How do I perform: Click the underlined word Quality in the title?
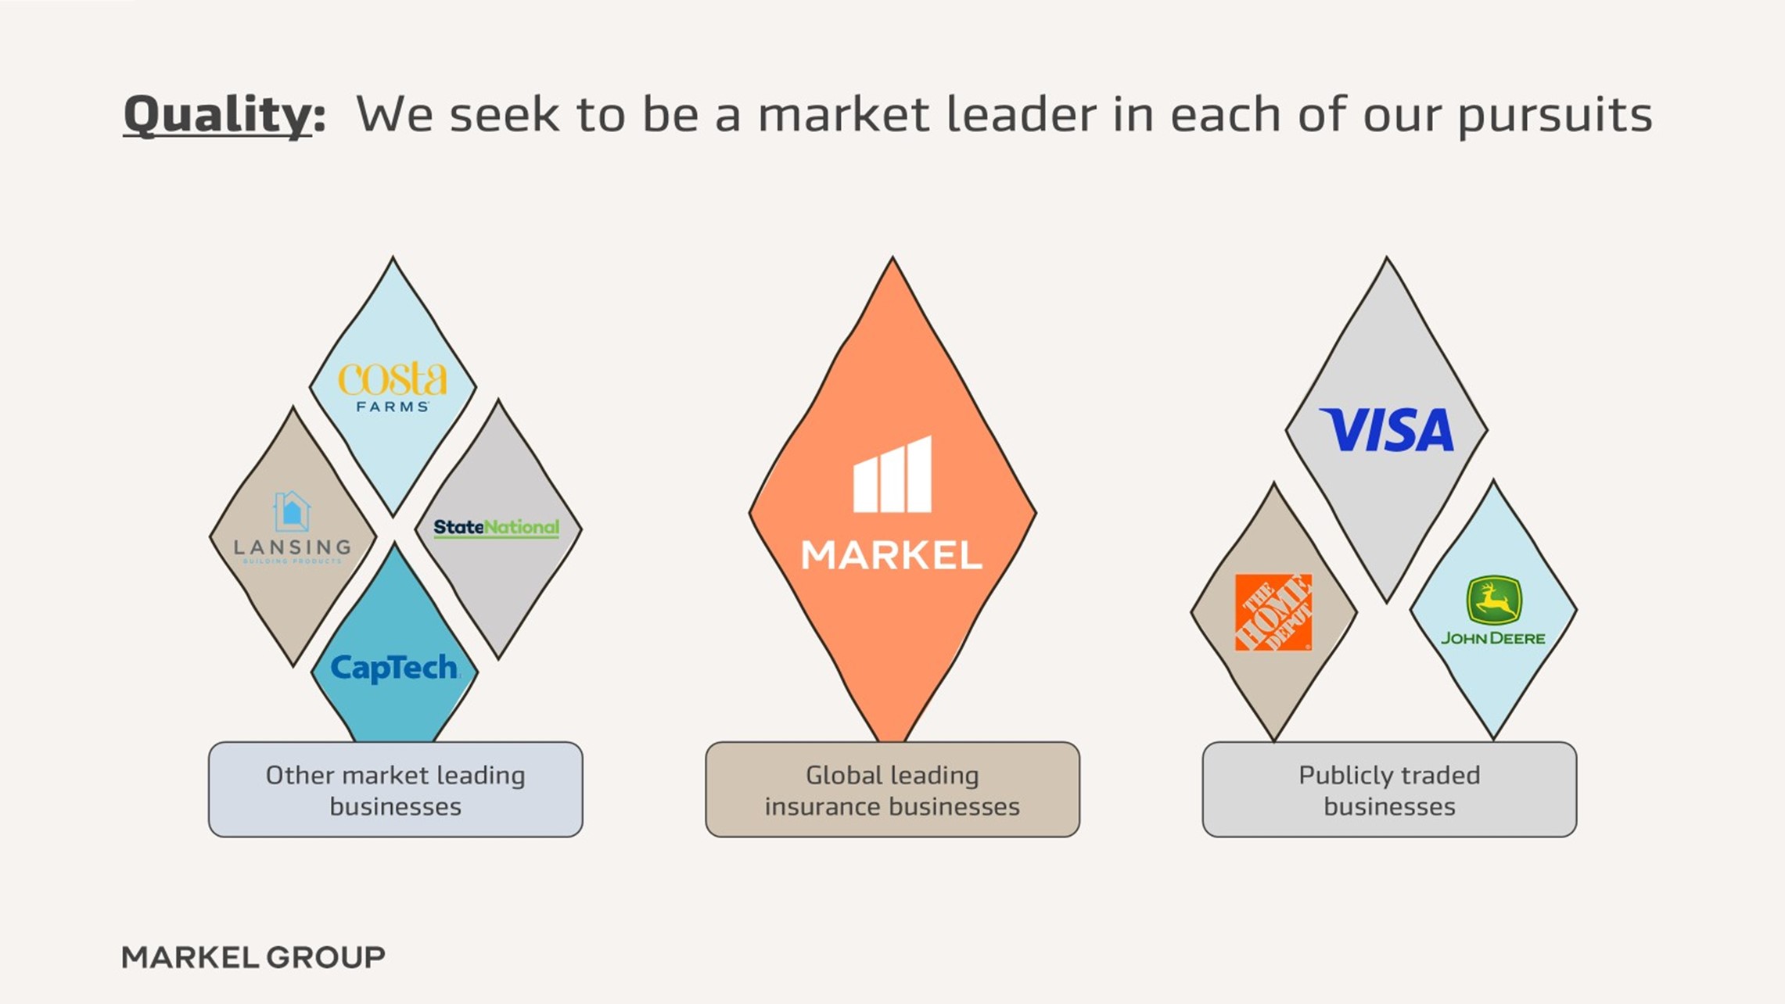217,115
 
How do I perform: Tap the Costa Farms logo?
393,387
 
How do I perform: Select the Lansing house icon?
292,511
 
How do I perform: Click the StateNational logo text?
497,528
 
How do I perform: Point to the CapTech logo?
394,668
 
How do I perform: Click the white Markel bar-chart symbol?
892,475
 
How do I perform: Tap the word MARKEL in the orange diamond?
892,555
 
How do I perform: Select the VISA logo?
1387,429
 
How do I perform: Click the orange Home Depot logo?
1273,612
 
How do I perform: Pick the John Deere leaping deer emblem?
1493,601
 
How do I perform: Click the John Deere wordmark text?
1493,638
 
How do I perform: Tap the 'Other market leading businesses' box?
396,790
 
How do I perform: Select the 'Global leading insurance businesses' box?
892,790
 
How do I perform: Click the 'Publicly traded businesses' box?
1389,790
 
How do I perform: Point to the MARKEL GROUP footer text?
253,957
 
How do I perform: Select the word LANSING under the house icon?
293,547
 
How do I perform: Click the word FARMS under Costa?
393,407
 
